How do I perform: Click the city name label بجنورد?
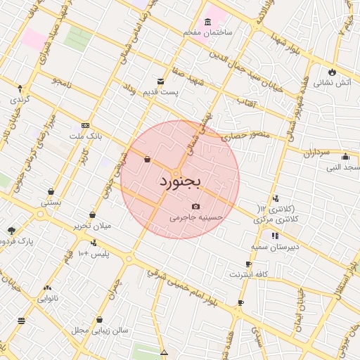179,182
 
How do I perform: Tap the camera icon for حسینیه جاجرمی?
195,206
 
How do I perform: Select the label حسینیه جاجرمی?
196,218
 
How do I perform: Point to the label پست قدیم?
160,92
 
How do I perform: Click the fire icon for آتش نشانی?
332,71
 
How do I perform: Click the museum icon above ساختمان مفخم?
209,21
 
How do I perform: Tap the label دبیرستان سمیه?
275,247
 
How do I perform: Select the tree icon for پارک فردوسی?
11,230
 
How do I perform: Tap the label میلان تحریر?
93,226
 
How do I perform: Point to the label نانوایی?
48,298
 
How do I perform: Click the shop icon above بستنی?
51,191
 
